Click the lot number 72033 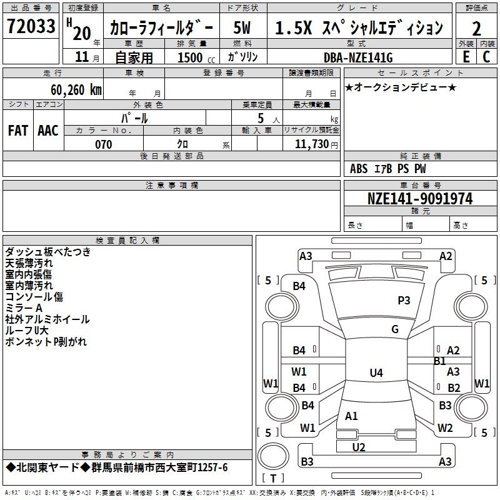click(31, 26)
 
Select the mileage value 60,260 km click(76, 90)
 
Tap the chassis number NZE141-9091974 click(420, 199)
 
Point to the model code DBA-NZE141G click(358, 57)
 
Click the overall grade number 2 click(476, 28)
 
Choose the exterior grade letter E click(466, 57)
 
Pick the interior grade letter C click(486, 57)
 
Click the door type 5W click(242, 27)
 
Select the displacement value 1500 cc click(196, 57)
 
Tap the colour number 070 click(104, 144)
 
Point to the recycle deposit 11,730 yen click(316, 144)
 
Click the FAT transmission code click(18, 131)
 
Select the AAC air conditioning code click(48, 131)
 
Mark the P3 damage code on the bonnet click(404, 301)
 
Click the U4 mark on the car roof click(376, 372)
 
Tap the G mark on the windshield click(395, 329)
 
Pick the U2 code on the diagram click(359, 447)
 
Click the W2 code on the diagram click(445, 427)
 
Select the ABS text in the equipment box click(359, 169)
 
